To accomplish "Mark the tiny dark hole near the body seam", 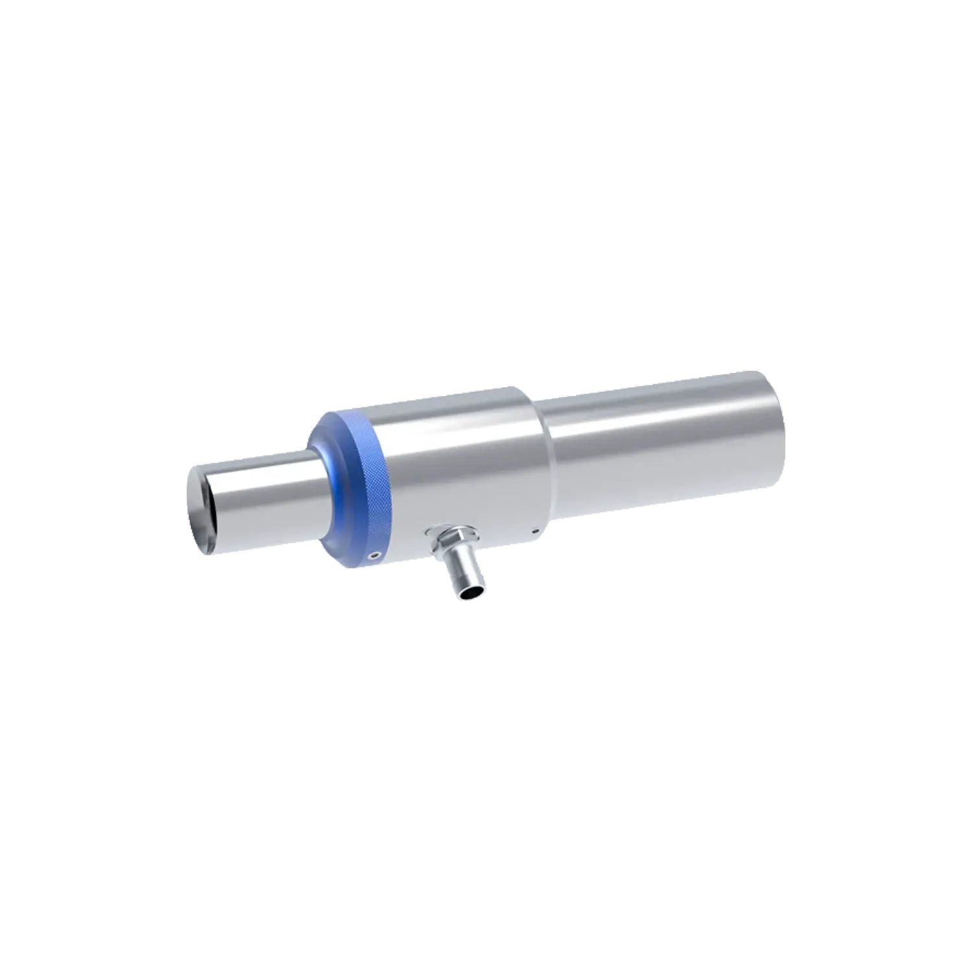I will tap(535, 532).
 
